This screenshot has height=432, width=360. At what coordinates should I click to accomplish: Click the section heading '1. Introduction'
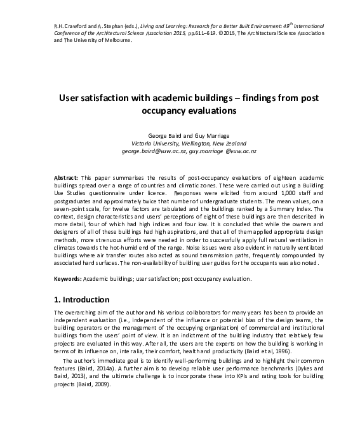coord(82,299)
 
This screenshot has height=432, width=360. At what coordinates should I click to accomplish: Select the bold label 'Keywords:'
coord(68,279)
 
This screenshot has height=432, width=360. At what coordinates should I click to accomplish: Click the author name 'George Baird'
coord(163,135)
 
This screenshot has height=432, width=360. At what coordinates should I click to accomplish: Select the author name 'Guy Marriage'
coord(210,135)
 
